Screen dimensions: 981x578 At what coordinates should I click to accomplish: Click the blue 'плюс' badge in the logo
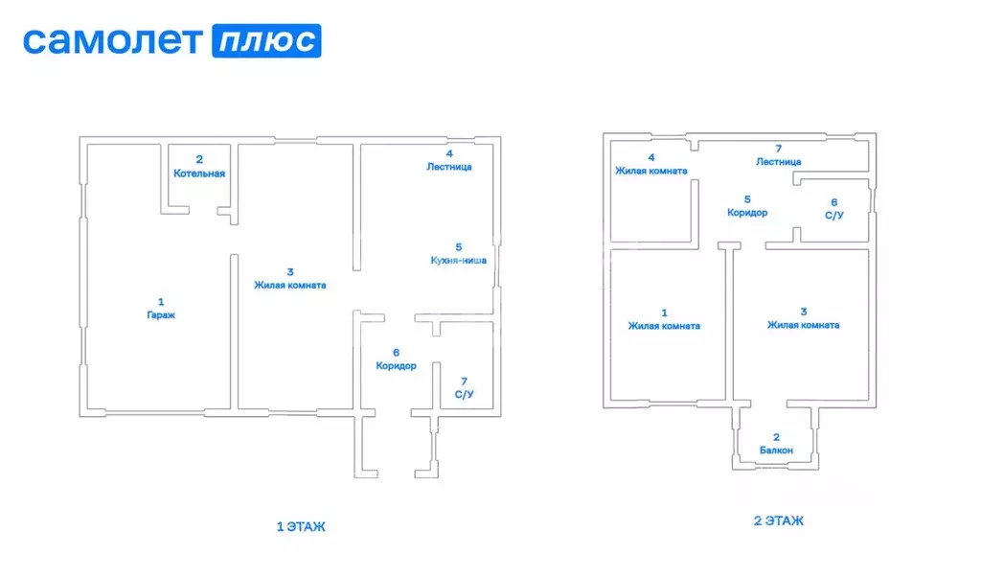266,40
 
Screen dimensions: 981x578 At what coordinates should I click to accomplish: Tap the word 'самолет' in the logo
113,41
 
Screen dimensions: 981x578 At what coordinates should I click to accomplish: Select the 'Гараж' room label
161,315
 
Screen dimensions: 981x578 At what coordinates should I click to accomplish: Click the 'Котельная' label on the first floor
199,173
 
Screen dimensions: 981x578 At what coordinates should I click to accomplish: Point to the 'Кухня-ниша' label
459,260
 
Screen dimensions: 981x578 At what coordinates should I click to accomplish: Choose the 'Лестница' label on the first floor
449,167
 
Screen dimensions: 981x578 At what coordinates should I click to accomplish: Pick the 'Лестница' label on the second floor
778,162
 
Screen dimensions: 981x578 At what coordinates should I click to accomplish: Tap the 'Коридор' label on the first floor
396,366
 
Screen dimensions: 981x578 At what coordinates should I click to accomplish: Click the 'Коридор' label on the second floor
747,212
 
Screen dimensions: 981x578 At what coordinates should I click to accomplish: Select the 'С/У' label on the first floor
465,395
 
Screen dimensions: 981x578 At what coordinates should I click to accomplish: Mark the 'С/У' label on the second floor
834,216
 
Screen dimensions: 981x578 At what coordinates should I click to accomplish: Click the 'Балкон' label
776,451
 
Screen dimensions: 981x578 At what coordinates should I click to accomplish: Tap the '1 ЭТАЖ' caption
301,526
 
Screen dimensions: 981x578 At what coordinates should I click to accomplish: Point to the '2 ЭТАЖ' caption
778,521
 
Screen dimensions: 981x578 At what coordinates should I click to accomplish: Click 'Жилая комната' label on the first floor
289,285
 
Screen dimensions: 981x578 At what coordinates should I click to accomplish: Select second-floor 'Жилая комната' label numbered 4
651,171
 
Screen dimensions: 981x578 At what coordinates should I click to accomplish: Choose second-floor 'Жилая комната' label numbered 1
665,326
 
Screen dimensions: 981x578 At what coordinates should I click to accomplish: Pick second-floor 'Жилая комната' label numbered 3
804,325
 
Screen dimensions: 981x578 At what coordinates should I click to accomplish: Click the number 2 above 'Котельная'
199,160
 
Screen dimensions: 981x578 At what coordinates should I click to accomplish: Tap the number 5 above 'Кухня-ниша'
459,247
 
